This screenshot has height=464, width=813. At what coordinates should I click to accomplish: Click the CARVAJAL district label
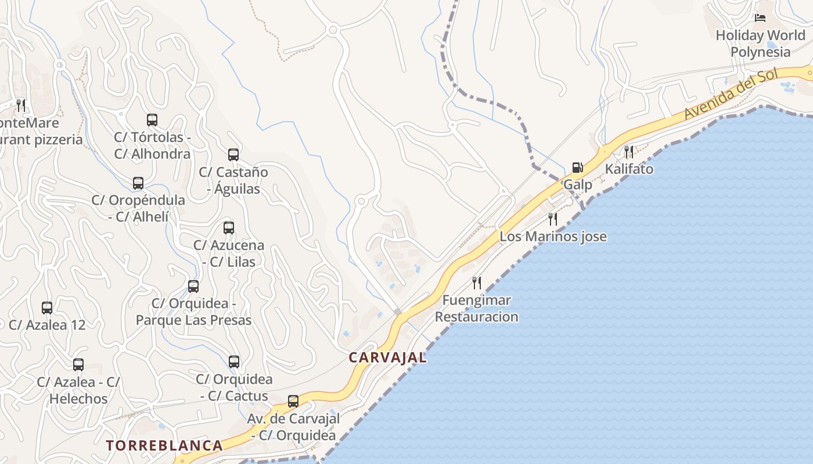click(x=387, y=357)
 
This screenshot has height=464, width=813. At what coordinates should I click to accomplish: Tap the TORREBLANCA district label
click(x=164, y=445)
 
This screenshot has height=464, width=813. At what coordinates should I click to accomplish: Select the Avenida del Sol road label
click(x=731, y=95)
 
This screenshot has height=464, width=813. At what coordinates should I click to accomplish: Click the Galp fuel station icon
click(x=577, y=168)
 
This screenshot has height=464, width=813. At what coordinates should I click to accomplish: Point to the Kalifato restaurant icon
click(x=629, y=152)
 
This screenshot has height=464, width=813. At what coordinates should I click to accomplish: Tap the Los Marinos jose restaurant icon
click(x=553, y=219)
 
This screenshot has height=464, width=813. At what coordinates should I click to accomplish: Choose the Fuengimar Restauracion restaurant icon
click(x=477, y=282)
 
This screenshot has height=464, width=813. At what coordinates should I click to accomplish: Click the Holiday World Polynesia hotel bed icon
click(x=760, y=18)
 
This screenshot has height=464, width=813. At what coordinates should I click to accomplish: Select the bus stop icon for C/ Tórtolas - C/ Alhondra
click(x=152, y=120)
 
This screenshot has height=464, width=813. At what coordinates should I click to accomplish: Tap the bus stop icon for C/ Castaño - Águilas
click(x=233, y=154)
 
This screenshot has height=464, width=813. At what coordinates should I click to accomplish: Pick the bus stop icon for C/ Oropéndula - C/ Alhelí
click(x=138, y=183)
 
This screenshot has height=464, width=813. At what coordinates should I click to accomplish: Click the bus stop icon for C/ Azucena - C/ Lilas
click(x=229, y=227)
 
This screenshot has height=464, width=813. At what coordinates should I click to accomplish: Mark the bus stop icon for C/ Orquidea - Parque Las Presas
click(x=193, y=286)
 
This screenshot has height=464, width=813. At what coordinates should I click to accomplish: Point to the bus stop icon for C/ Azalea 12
click(x=47, y=307)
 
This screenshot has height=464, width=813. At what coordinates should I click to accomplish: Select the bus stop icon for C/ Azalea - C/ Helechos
click(x=78, y=364)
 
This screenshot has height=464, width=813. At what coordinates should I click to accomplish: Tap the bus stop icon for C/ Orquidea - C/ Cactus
click(x=234, y=362)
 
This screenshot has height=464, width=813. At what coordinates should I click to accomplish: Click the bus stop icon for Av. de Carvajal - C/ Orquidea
click(x=293, y=401)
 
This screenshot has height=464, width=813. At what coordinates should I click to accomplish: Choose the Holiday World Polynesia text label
click(x=760, y=43)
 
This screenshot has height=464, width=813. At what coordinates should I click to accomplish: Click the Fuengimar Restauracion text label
click(x=476, y=309)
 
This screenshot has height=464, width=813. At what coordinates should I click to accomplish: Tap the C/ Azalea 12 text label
click(x=47, y=325)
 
